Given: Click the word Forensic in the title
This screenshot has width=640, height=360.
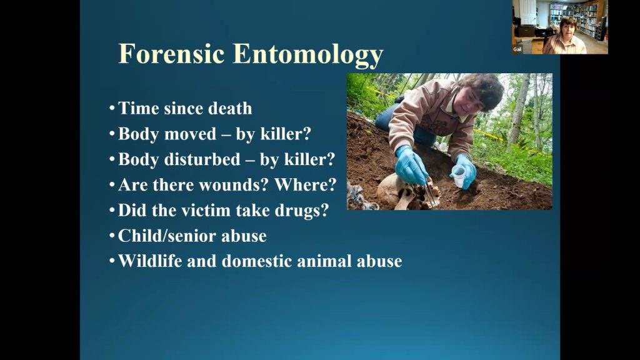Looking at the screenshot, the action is click(x=171, y=54).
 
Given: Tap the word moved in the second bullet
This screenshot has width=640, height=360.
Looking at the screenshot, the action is click(x=190, y=134).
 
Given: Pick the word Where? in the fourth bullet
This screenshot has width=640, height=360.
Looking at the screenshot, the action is click(x=305, y=184).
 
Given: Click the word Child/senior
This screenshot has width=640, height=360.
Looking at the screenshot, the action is click(x=167, y=236).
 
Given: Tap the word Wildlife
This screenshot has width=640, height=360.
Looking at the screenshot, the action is click(x=150, y=261).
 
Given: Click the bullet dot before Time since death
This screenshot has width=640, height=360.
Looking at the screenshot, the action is click(x=112, y=109).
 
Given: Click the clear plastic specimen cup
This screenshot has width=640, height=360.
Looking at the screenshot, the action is click(x=459, y=176).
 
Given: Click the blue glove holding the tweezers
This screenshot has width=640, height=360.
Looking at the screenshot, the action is click(x=411, y=165).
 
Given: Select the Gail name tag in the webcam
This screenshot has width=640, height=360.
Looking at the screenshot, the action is click(x=517, y=49).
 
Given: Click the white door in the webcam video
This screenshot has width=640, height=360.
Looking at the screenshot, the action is click(x=525, y=12).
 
